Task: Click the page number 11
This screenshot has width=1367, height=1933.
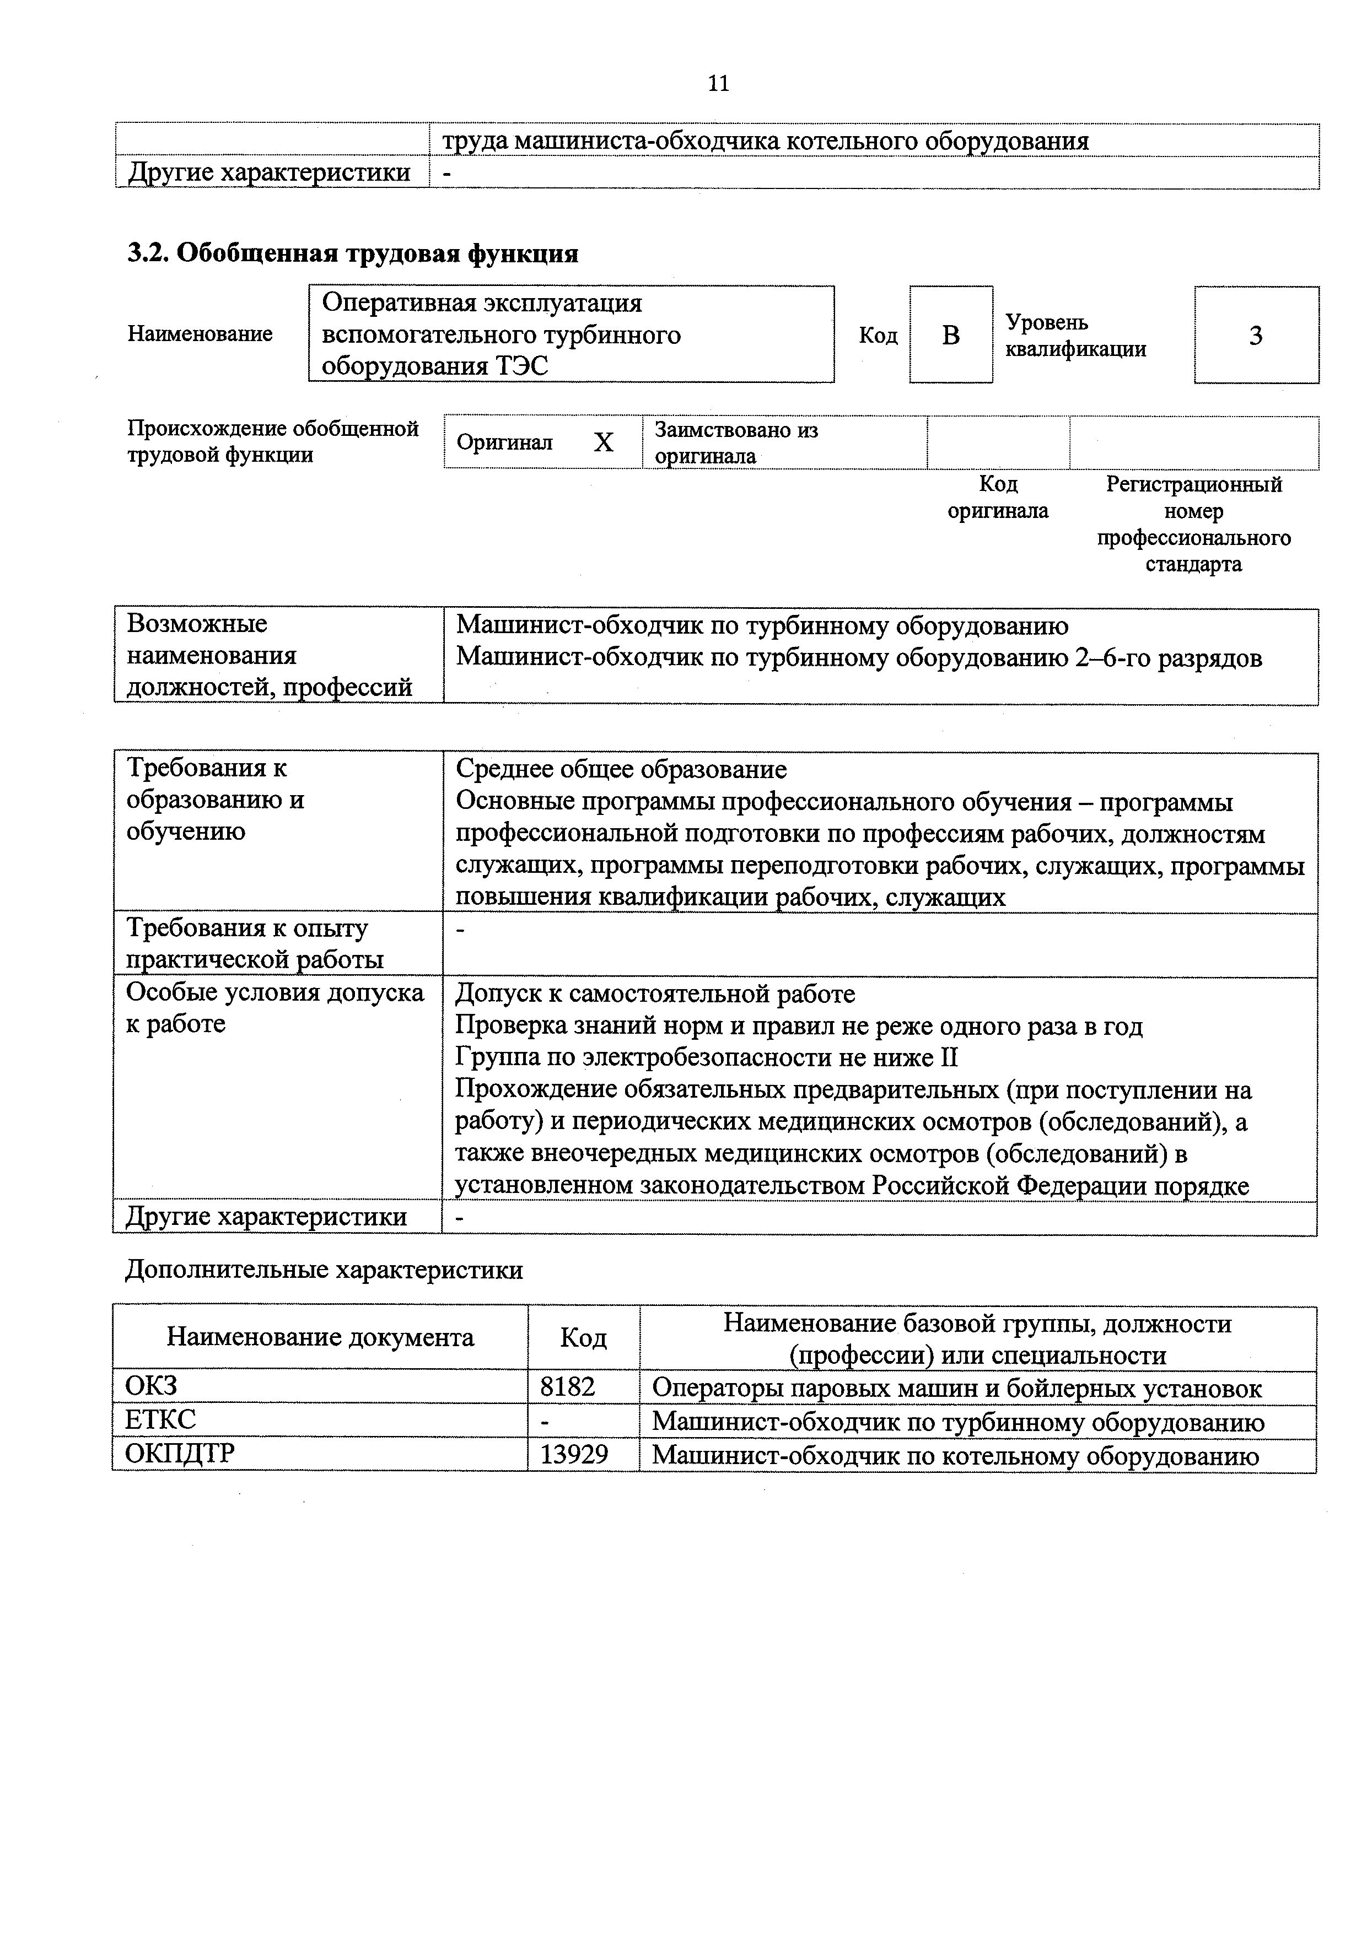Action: click(x=718, y=83)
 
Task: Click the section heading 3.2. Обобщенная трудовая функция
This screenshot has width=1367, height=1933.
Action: click(x=352, y=253)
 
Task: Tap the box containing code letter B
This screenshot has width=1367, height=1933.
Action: click(x=950, y=335)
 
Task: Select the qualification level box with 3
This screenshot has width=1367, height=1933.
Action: click(x=1255, y=335)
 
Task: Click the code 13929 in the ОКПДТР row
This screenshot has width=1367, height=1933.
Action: click(x=574, y=1454)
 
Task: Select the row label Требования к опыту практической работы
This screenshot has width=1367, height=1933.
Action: click(x=254, y=944)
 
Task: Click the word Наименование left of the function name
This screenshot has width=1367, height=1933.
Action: click(x=200, y=334)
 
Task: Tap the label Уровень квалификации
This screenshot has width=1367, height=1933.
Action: click(x=1075, y=335)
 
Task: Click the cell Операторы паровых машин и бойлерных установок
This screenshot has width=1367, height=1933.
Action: click(x=957, y=1387)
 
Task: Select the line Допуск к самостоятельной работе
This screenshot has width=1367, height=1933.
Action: click(x=654, y=994)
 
